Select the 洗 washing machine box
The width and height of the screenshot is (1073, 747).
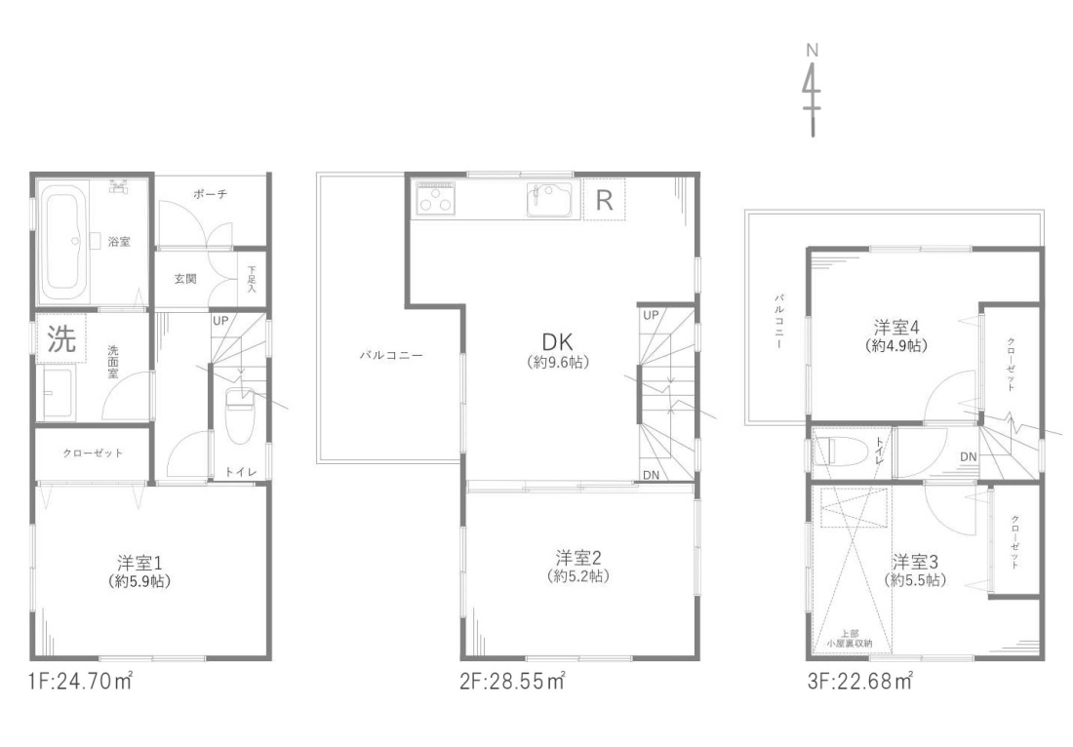click(61, 338)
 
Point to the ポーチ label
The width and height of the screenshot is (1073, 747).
click(210, 194)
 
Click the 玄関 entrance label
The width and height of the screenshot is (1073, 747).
click(184, 278)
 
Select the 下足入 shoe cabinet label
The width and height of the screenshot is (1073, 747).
click(251, 280)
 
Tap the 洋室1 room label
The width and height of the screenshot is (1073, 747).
click(139, 571)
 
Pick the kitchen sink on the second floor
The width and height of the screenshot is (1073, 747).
click(549, 199)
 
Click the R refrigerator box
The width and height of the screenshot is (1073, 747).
click(604, 200)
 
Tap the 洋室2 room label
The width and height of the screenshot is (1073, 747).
click(578, 566)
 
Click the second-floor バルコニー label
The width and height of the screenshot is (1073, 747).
click(391, 355)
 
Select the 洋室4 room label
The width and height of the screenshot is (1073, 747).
click(896, 335)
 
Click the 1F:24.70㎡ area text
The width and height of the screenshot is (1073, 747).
click(80, 681)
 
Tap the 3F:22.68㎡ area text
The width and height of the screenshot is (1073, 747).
click(860, 682)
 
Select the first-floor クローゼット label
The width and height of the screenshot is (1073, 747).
click(93, 452)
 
